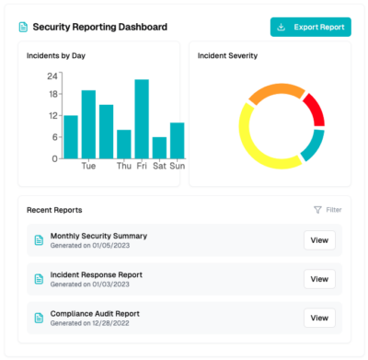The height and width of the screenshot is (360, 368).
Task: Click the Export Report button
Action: click(x=310, y=27)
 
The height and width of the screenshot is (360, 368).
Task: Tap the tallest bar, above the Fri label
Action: click(x=142, y=119)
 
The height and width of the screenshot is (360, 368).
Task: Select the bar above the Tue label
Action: click(x=88, y=124)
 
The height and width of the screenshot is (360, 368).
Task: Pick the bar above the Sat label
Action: click(x=159, y=148)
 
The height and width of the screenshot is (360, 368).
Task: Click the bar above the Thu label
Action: click(x=124, y=145)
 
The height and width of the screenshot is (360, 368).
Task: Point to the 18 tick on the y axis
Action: click(x=53, y=94)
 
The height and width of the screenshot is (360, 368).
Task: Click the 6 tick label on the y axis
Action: click(x=54, y=137)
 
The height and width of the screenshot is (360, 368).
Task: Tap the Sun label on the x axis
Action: click(x=178, y=166)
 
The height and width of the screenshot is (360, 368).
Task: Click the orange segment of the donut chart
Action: click(x=276, y=89)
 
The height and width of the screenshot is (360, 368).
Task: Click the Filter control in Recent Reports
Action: click(x=328, y=210)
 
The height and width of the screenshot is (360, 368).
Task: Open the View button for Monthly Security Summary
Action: click(x=319, y=240)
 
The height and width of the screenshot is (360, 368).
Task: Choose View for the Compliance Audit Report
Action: click(x=319, y=318)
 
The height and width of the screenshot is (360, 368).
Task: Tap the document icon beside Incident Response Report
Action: click(x=39, y=279)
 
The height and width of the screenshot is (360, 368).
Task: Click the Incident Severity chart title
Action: click(x=227, y=56)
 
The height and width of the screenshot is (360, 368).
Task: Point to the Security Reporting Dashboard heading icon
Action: click(x=23, y=27)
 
